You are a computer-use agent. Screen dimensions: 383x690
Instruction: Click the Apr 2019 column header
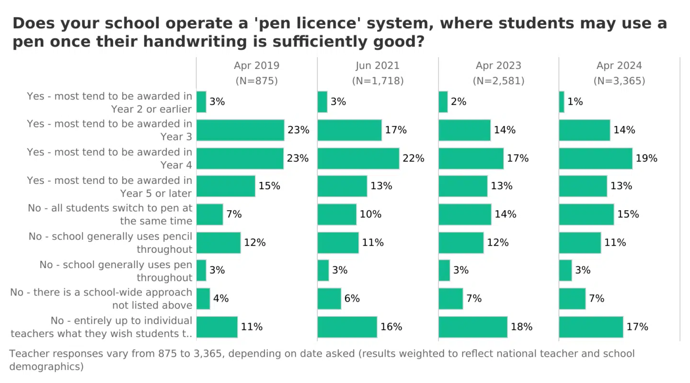point(256,66)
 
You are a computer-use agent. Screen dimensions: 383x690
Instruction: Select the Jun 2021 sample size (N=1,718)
point(378,81)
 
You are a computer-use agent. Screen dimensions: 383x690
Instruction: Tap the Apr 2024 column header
point(619,66)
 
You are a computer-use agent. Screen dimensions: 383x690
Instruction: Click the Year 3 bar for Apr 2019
point(240,130)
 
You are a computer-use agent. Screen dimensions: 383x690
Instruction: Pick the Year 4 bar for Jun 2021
point(358,158)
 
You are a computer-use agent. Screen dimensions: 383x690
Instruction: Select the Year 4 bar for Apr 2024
point(596,158)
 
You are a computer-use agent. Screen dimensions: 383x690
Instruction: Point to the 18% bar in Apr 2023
point(473,327)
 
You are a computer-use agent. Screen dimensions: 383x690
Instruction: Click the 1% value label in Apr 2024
point(575,101)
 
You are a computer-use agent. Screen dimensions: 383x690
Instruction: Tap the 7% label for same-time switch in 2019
point(234,214)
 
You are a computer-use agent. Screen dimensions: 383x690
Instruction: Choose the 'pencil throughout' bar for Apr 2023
point(461,243)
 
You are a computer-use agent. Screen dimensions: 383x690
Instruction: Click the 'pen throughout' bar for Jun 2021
point(323,270)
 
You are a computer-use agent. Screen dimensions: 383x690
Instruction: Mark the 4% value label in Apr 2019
point(221,299)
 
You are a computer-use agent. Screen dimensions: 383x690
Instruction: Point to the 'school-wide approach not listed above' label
point(101,299)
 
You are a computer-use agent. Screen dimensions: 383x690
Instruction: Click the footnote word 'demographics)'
point(46,367)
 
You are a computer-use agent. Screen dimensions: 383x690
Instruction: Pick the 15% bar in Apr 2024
point(586,214)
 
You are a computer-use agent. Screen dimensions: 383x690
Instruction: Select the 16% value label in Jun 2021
point(391,327)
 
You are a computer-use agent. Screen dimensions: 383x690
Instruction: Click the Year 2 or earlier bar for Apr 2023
point(443,102)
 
